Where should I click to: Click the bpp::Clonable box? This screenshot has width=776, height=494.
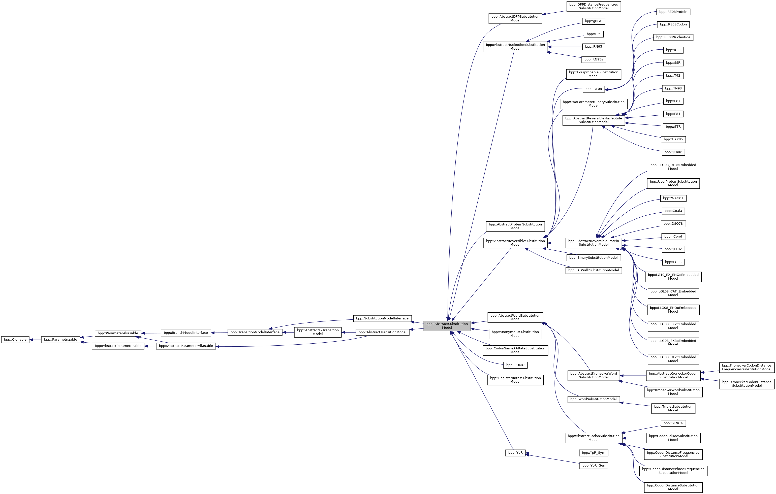tap(15, 339)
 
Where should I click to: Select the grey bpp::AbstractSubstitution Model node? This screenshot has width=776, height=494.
tap(447, 325)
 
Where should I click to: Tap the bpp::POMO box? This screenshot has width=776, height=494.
tap(515, 365)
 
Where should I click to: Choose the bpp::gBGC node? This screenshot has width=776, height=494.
tap(593, 21)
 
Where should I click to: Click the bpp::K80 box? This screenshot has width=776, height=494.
tap(673, 50)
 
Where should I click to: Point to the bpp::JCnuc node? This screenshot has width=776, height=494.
tap(673, 152)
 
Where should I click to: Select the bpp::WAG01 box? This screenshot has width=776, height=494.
tap(673, 198)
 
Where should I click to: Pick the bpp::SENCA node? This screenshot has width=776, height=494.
tap(673, 423)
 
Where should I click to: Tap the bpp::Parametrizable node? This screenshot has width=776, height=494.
tap(60, 339)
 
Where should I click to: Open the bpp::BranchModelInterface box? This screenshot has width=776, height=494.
tap(186, 333)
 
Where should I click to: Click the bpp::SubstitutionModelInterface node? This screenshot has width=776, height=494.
tap(382, 318)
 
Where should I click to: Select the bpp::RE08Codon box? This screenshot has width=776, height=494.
tap(673, 24)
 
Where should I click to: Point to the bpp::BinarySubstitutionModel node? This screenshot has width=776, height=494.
tap(593, 258)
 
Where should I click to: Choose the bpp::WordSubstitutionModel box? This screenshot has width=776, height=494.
tap(593, 399)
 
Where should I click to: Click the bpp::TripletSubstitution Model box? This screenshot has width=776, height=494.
tap(673, 408)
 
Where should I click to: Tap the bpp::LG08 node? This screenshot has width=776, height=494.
tap(673, 262)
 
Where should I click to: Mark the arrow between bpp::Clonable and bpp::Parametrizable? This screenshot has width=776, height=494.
tap(35, 339)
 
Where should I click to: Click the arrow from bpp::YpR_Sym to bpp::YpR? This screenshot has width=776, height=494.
tap(552, 453)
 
